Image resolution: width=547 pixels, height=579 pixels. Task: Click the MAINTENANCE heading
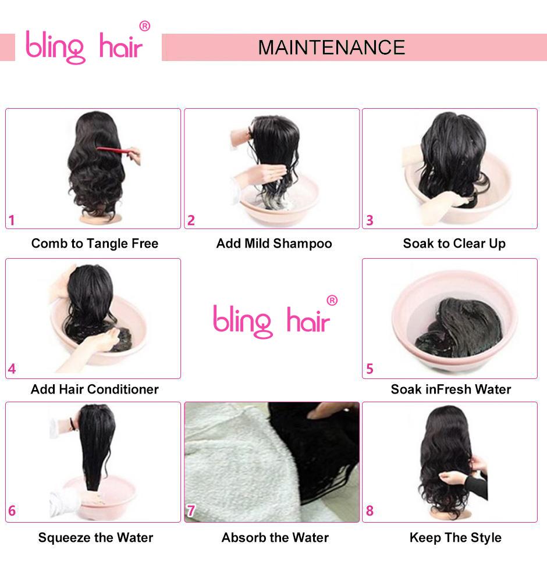(331, 47)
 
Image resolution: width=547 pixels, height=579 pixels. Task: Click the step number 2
(191, 220)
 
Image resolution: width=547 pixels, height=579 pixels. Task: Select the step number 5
(370, 369)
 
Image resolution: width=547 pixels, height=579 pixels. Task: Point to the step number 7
(191, 511)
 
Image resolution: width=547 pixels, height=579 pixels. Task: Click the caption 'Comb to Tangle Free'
(95, 244)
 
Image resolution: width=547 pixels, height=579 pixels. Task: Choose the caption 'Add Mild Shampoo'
(274, 244)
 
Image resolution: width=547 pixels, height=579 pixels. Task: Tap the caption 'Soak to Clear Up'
(454, 244)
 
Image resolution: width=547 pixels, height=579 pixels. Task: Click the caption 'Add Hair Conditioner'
(94, 389)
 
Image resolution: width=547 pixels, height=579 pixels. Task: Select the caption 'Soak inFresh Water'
(451, 389)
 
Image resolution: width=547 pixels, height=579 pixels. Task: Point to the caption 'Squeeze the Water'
(95, 538)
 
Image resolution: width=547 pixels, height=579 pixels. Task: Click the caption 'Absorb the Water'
(275, 538)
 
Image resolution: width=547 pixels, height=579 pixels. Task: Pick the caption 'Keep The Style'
(455, 538)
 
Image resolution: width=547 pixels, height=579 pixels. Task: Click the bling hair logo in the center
(271, 320)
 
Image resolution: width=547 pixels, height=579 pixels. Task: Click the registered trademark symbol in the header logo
(145, 26)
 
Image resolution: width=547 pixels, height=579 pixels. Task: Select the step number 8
(370, 511)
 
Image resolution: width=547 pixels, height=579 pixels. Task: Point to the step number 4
(12, 369)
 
